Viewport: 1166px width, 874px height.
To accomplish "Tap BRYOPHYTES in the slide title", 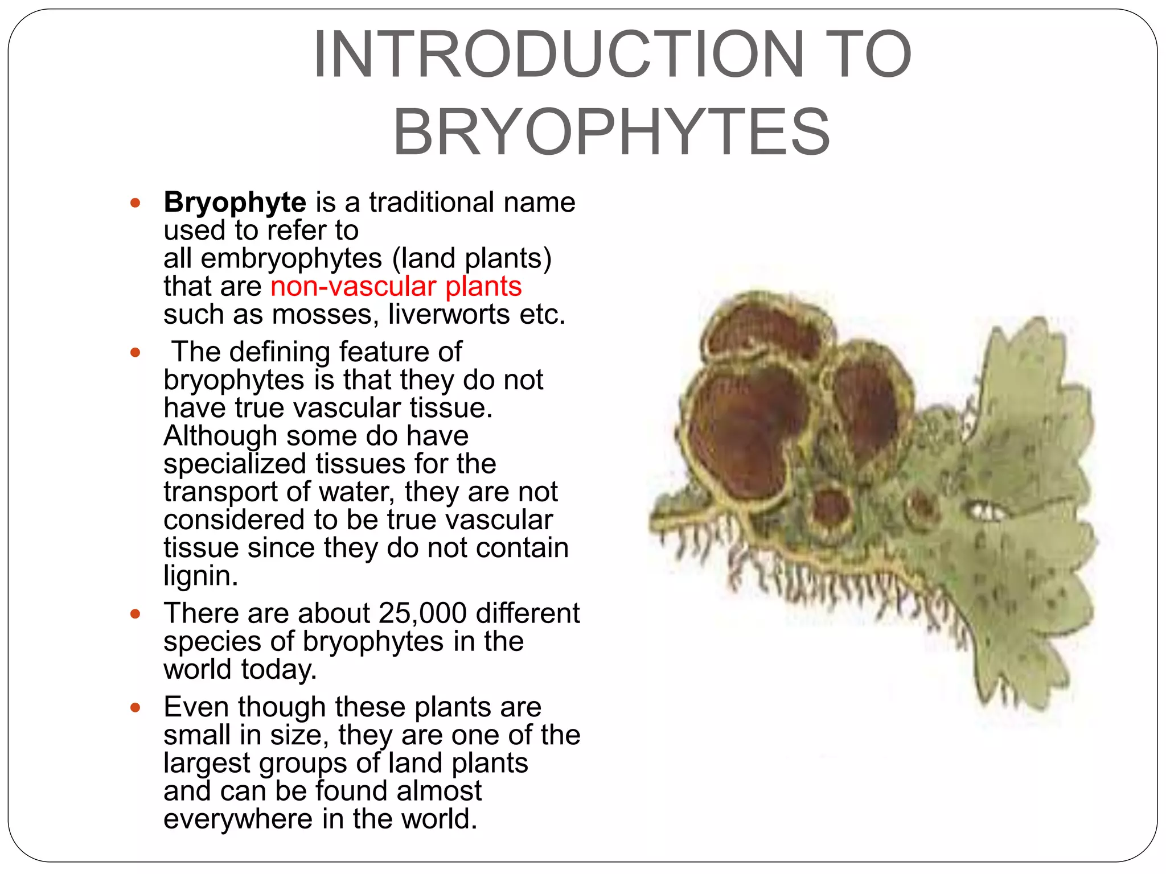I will pos(612,132).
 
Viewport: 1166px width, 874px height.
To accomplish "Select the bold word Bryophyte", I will pos(235,203).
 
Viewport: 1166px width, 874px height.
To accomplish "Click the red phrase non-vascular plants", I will pos(396,286).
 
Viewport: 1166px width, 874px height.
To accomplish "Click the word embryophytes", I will pos(291,259).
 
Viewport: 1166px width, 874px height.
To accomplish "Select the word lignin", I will pos(200,576).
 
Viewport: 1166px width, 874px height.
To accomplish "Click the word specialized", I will pos(235,464).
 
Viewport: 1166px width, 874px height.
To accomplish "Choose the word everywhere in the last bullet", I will pos(238,819).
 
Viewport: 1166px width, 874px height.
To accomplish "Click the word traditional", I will pos(432,203).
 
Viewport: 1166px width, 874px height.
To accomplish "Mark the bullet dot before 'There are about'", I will pos(135,614).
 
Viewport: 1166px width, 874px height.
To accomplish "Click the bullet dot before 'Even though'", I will pos(135,708).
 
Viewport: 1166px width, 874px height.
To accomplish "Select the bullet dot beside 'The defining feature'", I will pos(135,353).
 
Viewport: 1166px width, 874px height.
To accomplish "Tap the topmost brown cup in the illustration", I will pos(763,330).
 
